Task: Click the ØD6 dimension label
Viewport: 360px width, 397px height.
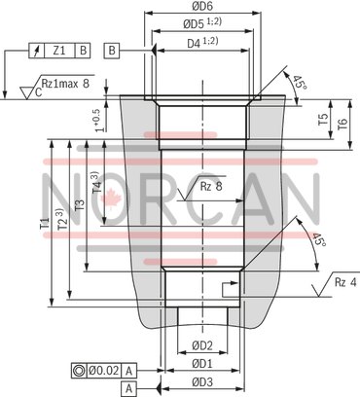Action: (x=201, y=8)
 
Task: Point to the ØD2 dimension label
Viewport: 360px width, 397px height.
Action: (x=201, y=345)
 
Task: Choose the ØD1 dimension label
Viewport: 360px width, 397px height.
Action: (x=201, y=363)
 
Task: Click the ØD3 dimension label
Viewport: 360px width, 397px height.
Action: (x=201, y=380)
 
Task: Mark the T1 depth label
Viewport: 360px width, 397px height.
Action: (x=45, y=223)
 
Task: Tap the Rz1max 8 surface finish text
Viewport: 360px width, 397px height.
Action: (x=68, y=85)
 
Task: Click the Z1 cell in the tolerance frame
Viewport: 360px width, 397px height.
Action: (x=58, y=49)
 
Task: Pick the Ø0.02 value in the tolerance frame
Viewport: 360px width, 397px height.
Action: (x=102, y=369)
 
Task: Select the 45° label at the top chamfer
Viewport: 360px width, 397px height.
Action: (x=298, y=84)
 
